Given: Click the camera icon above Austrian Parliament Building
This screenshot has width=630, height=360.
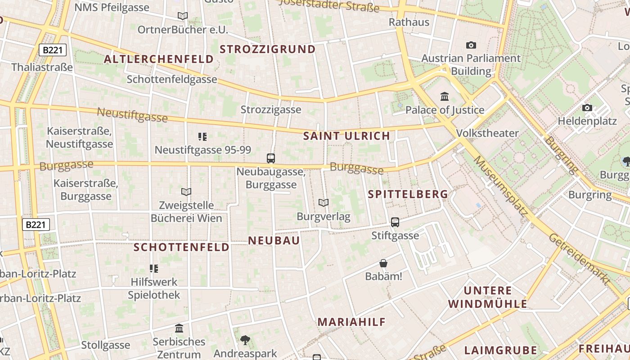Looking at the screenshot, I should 471,45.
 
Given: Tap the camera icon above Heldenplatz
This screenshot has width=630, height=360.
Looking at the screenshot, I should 587,108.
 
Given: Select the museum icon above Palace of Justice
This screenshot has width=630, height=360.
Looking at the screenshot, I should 445,96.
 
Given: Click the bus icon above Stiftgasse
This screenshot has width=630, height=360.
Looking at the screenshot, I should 395,222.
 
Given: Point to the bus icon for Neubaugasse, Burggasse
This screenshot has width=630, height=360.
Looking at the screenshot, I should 271,158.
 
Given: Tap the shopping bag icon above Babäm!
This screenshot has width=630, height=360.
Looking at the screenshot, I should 383,263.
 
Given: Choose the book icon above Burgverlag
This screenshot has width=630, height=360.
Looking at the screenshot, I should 323,202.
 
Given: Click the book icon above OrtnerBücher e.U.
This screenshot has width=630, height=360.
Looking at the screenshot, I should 183,16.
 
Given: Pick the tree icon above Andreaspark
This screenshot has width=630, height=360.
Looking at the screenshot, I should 245,340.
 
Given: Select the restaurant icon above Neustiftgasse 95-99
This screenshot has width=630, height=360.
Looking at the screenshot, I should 202,136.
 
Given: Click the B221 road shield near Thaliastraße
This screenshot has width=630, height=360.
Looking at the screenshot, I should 53,50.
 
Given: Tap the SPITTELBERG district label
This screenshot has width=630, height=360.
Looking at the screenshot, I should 408,194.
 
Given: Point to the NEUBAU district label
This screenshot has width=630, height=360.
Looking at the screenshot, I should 274,240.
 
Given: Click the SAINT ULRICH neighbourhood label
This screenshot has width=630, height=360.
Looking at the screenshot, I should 346,136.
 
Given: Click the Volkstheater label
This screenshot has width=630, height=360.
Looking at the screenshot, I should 487,133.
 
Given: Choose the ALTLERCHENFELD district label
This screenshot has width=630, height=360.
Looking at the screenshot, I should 159,59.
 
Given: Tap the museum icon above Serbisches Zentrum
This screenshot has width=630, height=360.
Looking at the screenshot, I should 179,328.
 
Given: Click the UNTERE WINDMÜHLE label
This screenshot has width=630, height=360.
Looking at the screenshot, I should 488,297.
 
